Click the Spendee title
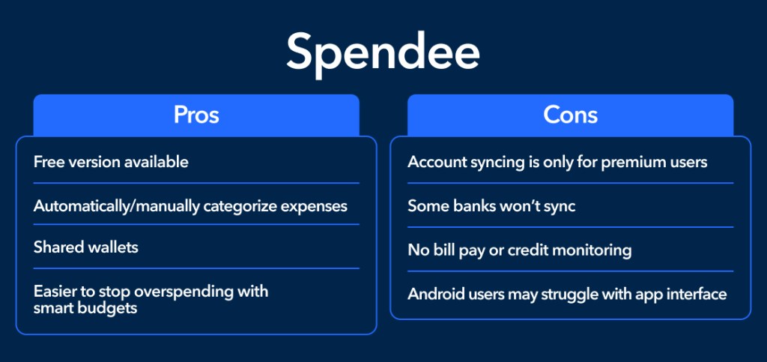pyautogui.click(x=383, y=54)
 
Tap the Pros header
pyautogui.click(x=196, y=115)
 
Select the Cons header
pyautogui.click(x=570, y=115)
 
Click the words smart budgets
pyautogui.click(x=85, y=309)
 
